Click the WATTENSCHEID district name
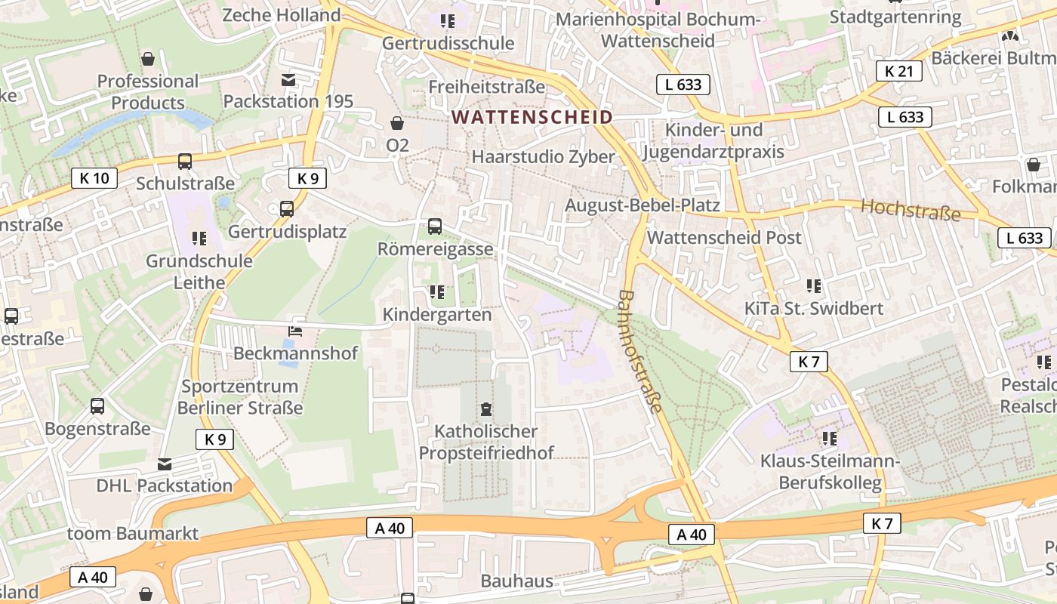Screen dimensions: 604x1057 coord(532,117)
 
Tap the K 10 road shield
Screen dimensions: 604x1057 coord(94,178)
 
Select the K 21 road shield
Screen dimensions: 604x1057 coord(898,71)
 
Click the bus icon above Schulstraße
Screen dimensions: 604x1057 coord(185,161)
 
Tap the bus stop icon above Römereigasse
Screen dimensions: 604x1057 coord(435,226)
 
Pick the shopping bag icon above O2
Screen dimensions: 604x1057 coord(397,122)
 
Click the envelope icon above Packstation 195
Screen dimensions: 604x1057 coord(288,80)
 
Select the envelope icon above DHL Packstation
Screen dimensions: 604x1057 coord(165,464)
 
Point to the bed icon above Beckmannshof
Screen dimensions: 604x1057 coord(295,331)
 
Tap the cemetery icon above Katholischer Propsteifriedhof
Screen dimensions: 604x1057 coord(486,410)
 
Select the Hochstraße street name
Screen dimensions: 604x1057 coord(911,210)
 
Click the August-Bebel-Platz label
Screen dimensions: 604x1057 coord(642,205)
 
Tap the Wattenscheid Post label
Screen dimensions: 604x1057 coord(724,237)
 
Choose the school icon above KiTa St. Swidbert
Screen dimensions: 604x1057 coord(813,286)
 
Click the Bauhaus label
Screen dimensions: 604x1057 coord(516,581)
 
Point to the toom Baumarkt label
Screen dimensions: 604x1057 coord(133,534)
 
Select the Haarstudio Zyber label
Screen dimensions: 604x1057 coord(543,157)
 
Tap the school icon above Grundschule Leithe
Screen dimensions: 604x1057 coord(199,239)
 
